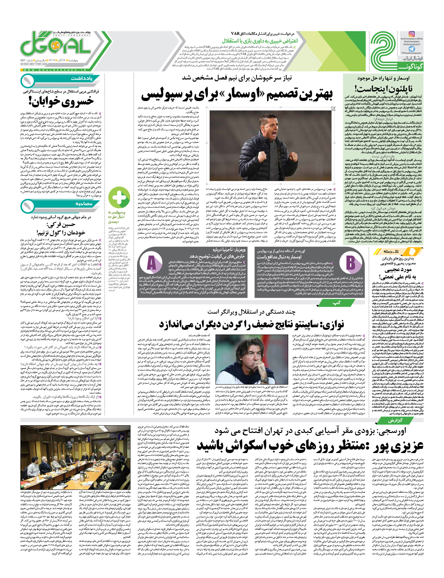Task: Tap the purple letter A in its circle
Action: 152,263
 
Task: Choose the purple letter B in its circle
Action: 350,263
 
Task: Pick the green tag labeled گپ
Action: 337,303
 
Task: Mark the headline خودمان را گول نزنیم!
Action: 61,232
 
